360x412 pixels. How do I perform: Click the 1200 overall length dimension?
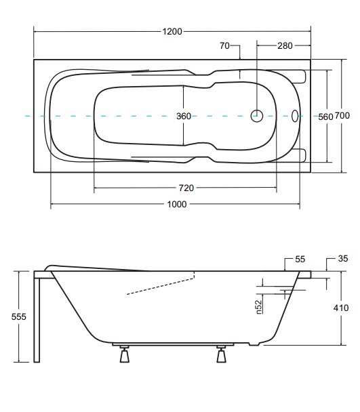click(x=172, y=32)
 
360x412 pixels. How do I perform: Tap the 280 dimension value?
click(x=285, y=45)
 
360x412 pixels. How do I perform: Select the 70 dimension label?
click(x=224, y=45)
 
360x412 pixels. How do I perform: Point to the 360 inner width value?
click(x=184, y=116)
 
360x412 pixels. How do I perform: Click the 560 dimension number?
click(x=325, y=117)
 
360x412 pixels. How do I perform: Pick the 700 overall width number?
click(x=342, y=115)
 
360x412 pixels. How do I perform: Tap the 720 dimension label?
click(x=186, y=188)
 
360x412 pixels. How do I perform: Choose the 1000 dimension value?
click(x=177, y=204)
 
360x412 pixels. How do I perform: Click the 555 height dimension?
click(x=19, y=316)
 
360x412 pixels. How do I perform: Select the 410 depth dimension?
click(x=341, y=308)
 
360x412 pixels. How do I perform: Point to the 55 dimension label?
click(x=300, y=260)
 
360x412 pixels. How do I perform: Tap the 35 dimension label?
click(x=343, y=259)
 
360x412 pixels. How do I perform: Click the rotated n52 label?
click(x=259, y=307)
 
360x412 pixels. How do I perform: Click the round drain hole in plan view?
click(x=257, y=116)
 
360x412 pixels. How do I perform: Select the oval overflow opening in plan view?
click(x=295, y=116)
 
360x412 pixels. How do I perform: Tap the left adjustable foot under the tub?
click(x=124, y=354)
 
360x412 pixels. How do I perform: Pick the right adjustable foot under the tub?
click(x=221, y=354)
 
